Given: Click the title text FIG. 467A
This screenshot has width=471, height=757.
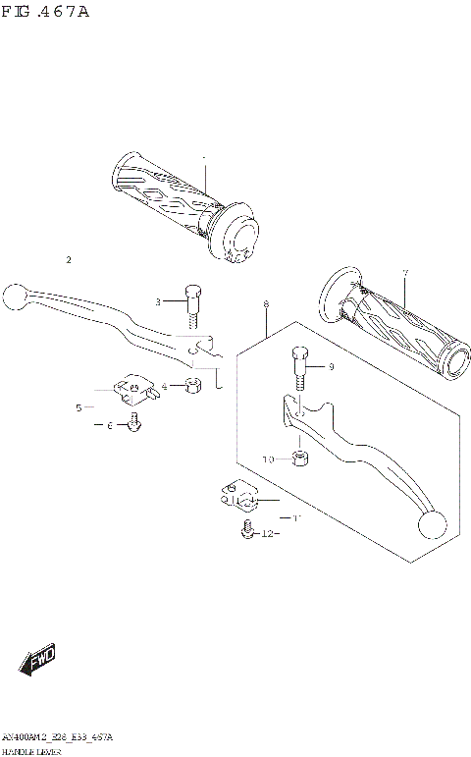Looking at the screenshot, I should pos(45,11).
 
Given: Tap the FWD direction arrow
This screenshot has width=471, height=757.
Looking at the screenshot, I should pos(38,662).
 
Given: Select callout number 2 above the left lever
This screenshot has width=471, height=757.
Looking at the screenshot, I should pos(69,260).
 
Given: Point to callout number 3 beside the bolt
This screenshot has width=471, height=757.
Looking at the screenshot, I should pos(156,301).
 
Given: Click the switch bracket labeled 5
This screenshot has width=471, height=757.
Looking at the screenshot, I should pos(132,391).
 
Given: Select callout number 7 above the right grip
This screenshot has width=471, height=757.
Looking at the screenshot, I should pos(404,272).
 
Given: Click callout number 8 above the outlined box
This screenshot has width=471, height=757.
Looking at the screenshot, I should pos(266,305).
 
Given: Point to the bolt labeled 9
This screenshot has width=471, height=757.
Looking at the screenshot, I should pos(300,369).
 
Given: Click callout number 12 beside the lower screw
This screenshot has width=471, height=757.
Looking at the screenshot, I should pos(266,534).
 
